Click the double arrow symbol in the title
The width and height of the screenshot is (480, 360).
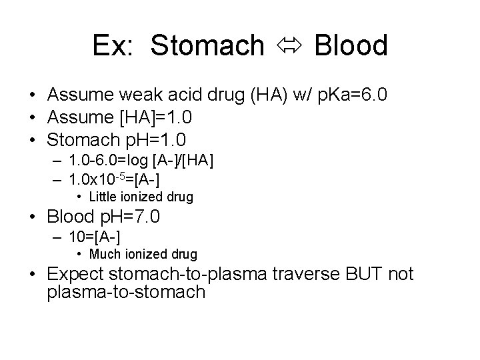point(289,46)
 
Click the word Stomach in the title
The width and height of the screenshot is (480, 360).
point(207,46)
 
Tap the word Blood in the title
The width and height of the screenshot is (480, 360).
point(350,46)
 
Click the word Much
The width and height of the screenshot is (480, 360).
point(102,254)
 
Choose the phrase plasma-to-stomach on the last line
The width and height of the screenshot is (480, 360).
point(127,292)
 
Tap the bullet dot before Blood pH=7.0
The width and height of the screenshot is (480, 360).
point(33,217)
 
